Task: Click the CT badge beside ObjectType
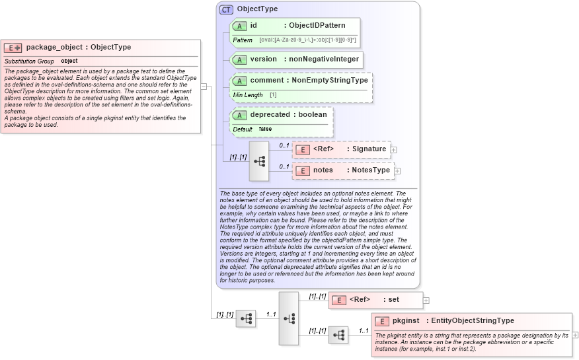226,9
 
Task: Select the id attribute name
253,25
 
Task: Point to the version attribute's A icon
239,59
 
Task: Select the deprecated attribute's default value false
265,129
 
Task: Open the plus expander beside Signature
394,150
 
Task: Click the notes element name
323,170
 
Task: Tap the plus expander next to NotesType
398,171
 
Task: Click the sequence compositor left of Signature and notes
258,161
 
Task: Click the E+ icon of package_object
13,48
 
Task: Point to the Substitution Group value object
69,61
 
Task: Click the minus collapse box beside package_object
204,86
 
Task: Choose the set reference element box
375,300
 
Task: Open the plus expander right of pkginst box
575,336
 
